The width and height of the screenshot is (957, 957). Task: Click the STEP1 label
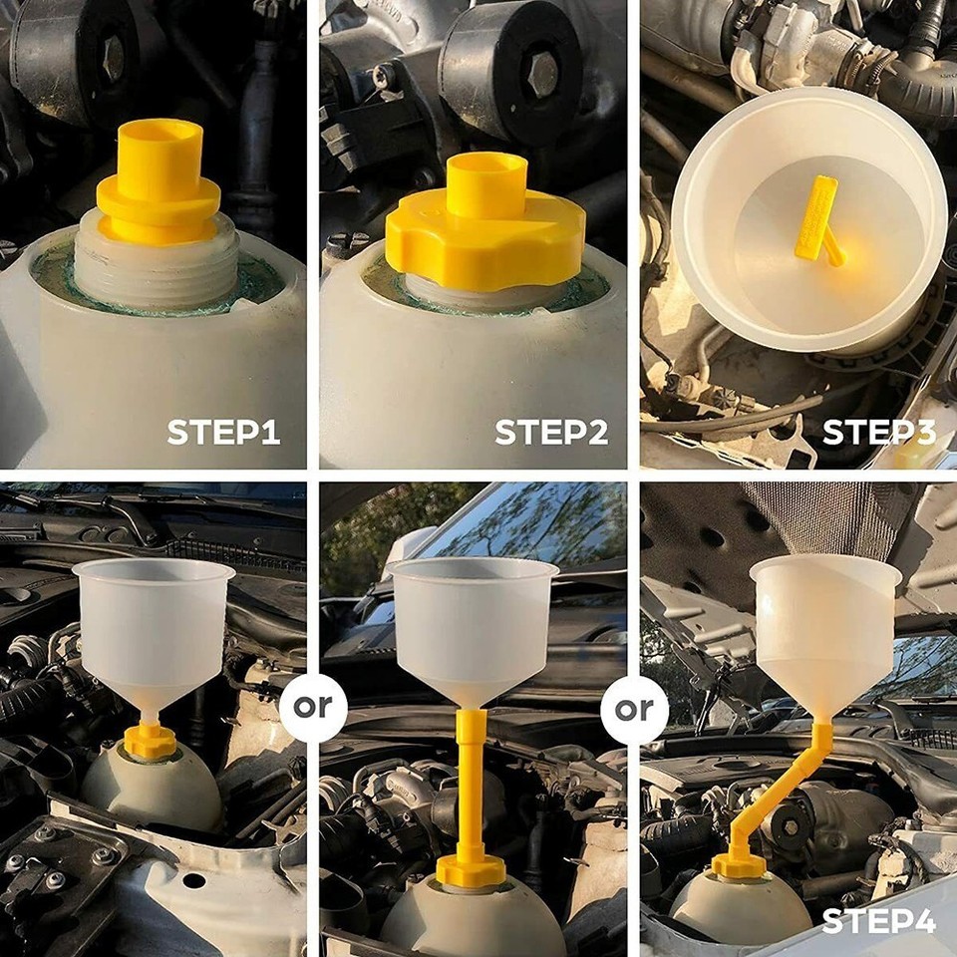(223, 432)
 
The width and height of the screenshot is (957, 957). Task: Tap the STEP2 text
(551, 432)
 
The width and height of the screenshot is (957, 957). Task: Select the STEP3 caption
(878, 432)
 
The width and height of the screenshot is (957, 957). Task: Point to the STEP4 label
(878, 922)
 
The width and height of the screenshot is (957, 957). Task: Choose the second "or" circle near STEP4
(634, 709)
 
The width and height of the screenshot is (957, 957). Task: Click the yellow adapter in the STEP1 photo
(159, 184)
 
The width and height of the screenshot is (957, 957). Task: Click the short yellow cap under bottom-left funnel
(151, 741)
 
